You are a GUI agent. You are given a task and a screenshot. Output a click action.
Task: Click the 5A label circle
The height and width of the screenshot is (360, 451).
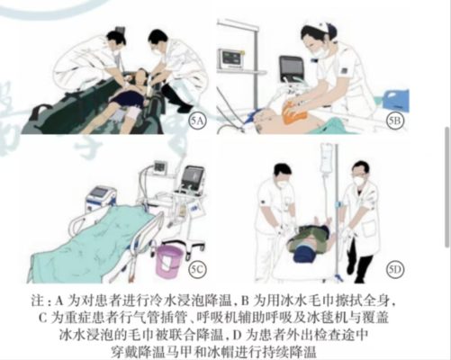[197, 118]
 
